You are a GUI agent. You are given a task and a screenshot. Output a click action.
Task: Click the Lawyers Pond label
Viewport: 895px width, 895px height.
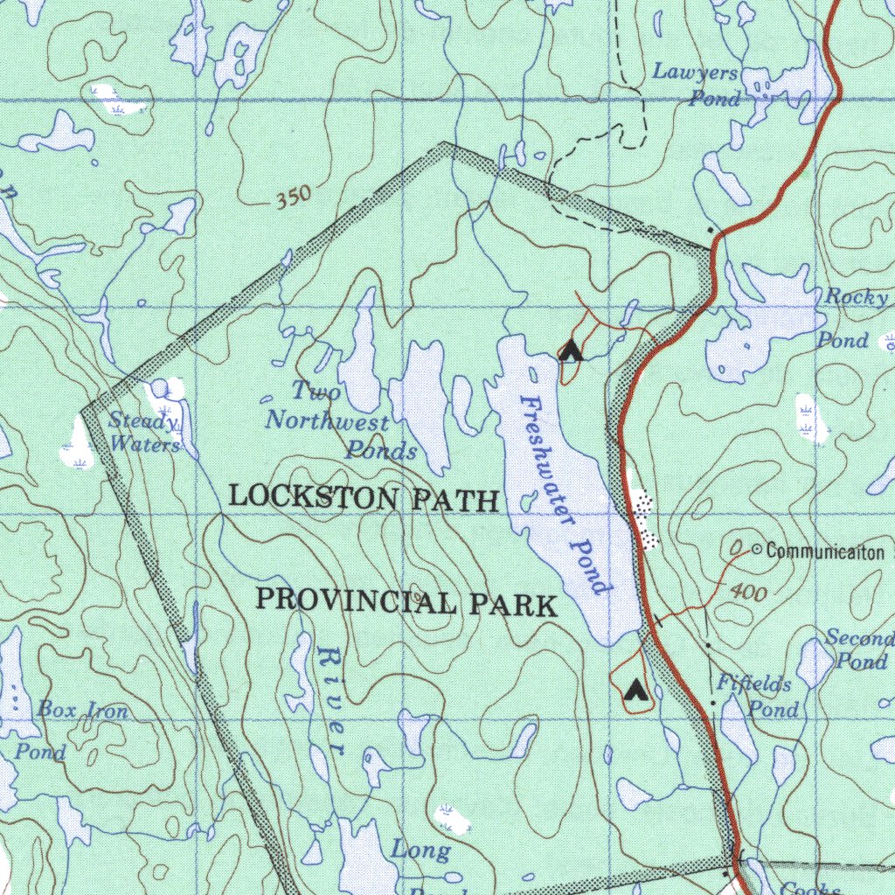coord(697,85)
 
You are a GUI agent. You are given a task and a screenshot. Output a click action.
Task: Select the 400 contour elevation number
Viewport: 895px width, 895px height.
coord(749,593)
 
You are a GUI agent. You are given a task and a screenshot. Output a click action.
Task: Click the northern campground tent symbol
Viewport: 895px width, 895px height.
coord(571,351)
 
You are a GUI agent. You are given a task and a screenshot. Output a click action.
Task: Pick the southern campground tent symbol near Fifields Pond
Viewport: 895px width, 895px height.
coord(635,692)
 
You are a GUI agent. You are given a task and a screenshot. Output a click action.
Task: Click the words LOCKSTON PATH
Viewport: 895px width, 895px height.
coord(363,498)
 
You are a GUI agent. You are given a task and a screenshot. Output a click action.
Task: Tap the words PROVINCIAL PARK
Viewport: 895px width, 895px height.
coord(406,603)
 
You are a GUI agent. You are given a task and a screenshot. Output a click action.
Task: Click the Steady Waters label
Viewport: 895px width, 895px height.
coord(144,433)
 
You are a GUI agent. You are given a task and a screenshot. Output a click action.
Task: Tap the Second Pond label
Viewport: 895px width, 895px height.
coord(860,649)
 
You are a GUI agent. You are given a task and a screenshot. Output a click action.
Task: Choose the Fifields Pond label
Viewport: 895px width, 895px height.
coord(757,696)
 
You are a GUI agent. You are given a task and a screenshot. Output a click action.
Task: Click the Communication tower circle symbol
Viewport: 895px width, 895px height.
coord(756,551)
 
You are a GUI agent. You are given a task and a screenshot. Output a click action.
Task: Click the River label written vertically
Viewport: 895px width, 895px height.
coord(331,699)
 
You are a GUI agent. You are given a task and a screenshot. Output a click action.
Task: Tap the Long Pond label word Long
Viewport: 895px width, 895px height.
coord(420,850)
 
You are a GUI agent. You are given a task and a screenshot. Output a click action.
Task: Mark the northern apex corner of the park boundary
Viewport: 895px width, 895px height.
coord(445,143)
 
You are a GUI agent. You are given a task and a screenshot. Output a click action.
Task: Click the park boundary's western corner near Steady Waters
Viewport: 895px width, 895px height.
coord(85,409)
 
